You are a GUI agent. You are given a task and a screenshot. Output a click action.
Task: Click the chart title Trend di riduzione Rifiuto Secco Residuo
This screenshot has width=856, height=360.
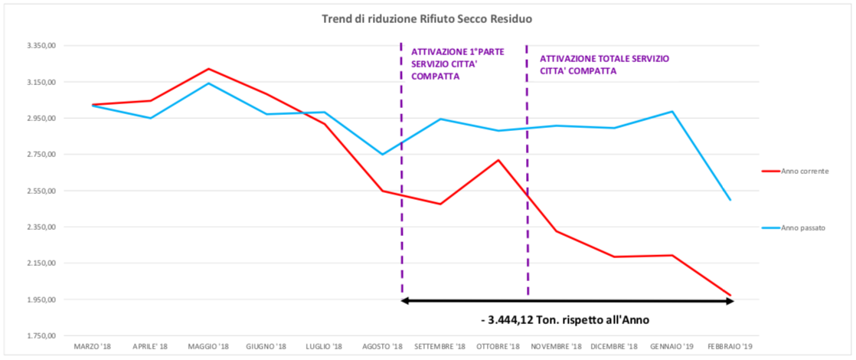tap(427, 18)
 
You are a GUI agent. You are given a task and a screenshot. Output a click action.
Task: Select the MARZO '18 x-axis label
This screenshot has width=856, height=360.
tap(93, 347)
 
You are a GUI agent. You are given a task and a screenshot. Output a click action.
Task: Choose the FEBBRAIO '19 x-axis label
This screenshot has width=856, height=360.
tap(730, 347)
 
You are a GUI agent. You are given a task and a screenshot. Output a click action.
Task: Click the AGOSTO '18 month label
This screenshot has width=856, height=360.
tap(383, 347)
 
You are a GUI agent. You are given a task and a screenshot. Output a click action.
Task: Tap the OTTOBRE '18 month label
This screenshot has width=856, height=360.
tap(498, 347)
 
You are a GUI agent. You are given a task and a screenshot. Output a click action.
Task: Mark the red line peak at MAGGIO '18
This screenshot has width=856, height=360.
tap(208, 69)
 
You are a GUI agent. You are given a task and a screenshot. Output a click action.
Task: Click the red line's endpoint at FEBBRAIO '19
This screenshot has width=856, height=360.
tap(730, 295)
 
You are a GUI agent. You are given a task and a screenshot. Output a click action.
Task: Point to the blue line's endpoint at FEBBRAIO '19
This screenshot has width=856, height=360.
tap(730, 200)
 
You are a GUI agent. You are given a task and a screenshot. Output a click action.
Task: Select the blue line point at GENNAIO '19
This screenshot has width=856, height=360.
tap(672, 111)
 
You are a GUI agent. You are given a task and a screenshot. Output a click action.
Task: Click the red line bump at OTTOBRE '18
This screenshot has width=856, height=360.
tap(498, 160)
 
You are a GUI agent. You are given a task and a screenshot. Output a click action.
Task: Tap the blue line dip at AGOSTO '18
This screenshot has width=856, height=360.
tap(383, 155)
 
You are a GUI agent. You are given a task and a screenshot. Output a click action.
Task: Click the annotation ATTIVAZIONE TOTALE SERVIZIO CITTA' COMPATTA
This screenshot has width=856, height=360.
tap(604, 64)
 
